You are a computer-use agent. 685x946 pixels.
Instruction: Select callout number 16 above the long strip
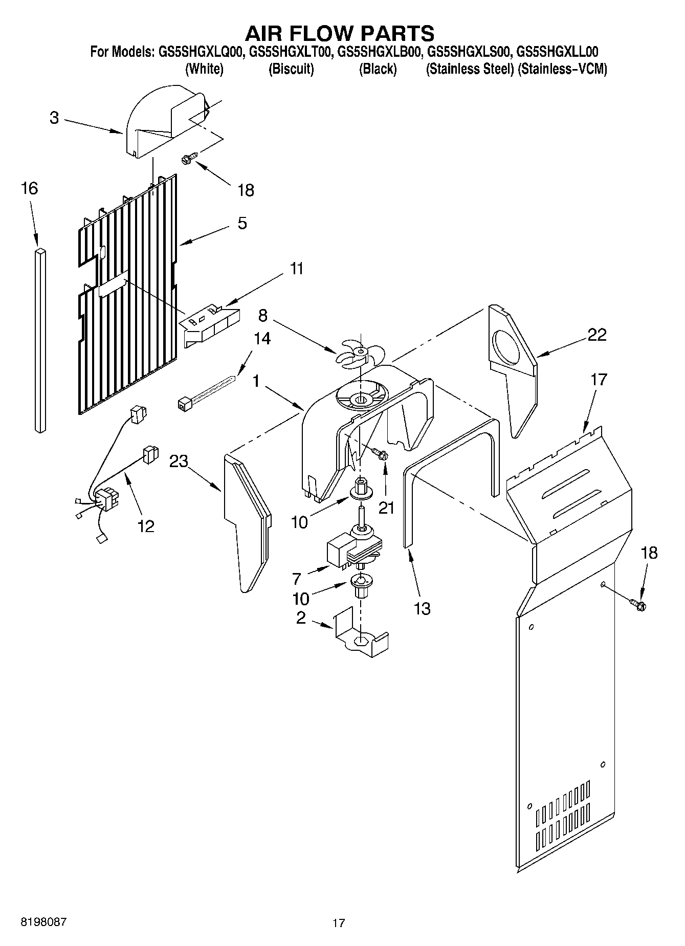pos(30,189)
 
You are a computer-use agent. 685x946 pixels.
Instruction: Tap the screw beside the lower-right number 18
pos(638,604)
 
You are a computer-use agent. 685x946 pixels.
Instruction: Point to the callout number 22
pos(596,335)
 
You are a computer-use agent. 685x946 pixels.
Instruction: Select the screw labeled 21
pos(380,453)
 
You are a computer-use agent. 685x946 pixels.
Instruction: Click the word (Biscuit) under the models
pos(291,69)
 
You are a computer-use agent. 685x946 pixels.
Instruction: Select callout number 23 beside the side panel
pos(179,461)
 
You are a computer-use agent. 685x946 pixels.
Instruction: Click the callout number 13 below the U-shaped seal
pos(422,609)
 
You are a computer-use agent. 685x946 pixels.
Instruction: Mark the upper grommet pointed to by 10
pos(361,490)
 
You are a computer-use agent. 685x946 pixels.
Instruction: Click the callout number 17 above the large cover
pos(599,380)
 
